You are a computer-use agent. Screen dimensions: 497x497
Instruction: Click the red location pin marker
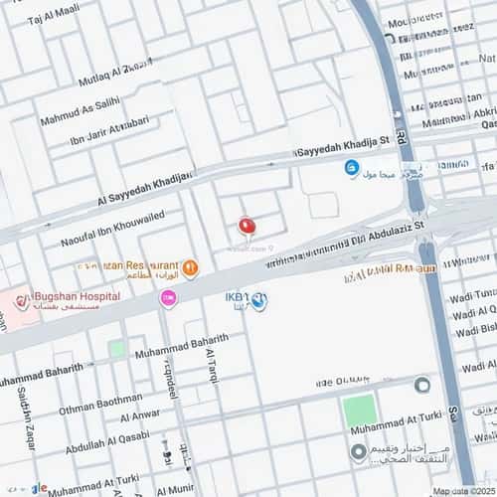(247, 227)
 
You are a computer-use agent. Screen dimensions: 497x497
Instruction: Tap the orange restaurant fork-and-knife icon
(190, 267)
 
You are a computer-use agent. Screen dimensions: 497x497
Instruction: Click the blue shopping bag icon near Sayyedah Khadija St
(351, 168)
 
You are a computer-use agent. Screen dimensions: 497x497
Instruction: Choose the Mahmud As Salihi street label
(80, 110)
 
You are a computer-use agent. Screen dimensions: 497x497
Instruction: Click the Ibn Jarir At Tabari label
(109, 131)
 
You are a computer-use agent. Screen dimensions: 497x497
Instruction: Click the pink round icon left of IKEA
(169, 298)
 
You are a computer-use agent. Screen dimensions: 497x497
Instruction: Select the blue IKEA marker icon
(258, 301)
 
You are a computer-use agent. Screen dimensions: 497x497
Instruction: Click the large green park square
(359, 410)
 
